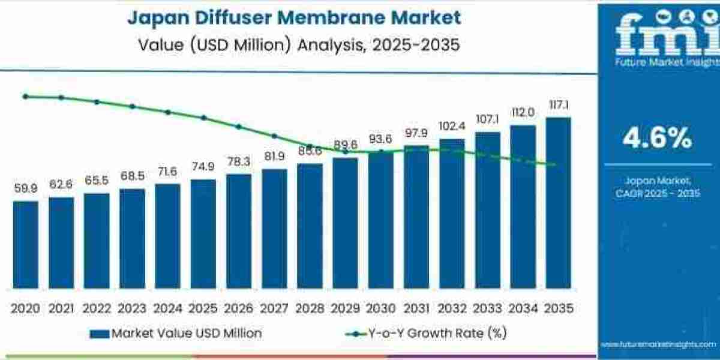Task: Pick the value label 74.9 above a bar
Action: click(x=203, y=167)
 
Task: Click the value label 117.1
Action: click(x=559, y=105)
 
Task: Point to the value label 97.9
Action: click(x=416, y=133)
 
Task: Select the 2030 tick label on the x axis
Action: click(x=380, y=308)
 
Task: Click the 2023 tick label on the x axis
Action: click(x=131, y=308)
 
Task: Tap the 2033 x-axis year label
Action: click(x=487, y=308)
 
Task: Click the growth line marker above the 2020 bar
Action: click(x=25, y=96)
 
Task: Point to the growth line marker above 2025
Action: click(x=203, y=118)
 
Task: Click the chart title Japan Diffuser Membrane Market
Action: click(x=294, y=17)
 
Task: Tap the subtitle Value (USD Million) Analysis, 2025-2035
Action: click(x=294, y=44)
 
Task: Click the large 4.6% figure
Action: click(x=657, y=139)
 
